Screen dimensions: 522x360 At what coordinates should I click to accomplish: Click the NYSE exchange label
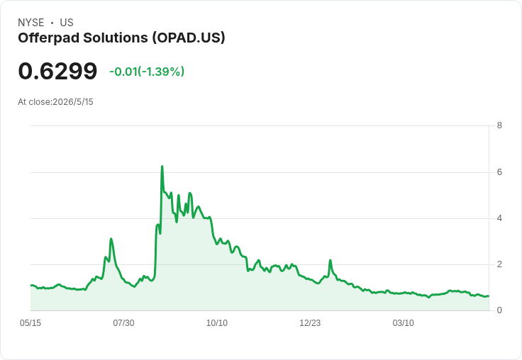coord(31,23)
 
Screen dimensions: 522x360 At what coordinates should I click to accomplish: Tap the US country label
coord(67,23)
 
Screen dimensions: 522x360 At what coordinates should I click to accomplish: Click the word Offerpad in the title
coord(49,38)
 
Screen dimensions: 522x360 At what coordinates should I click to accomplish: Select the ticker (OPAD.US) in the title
coord(189,38)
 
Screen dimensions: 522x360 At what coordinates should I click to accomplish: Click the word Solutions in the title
coord(116,38)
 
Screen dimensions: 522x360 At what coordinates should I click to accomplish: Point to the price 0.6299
coord(57,71)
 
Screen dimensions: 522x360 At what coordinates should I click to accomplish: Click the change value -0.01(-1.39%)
coord(147,72)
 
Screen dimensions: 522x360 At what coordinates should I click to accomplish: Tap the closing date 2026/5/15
coord(73,102)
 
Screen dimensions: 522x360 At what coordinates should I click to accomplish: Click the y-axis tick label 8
coord(499,125)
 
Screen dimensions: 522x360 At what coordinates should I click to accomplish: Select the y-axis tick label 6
coord(499,172)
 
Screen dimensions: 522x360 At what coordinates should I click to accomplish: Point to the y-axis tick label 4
coord(499,218)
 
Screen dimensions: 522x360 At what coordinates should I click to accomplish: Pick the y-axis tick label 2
coord(499,264)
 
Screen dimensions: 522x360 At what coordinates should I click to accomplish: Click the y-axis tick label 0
coord(499,310)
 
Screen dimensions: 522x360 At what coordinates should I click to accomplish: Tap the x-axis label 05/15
coord(30,323)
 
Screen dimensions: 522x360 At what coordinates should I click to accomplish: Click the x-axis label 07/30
coord(123,323)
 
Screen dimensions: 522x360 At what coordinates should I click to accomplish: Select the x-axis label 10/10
coord(217,323)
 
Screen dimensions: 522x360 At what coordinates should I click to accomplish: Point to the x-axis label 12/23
coord(310,323)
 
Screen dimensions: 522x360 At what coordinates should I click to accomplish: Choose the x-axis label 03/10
coord(403,323)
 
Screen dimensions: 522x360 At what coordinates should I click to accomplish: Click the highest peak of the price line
coord(162,166)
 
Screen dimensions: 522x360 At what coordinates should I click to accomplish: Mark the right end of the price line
coord(489,296)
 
